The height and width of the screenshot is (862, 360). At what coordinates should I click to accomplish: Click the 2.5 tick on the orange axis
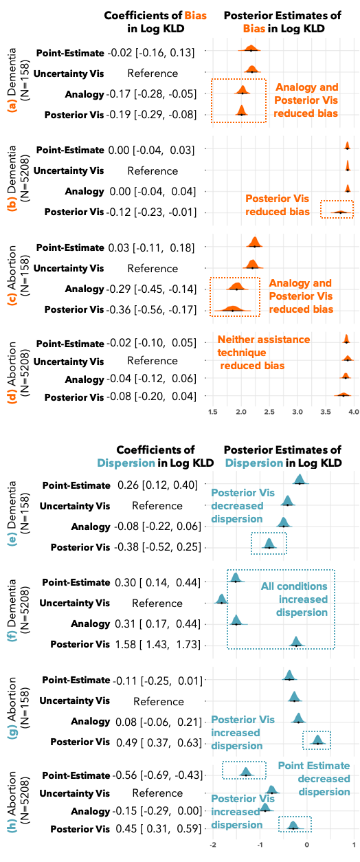[x=269, y=412]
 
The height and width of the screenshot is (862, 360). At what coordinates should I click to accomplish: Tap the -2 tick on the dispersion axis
[x=213, y=845]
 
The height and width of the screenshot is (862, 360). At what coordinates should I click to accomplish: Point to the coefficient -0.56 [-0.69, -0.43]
[x=158, y=775]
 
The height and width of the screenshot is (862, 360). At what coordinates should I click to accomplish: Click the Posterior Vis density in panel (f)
[x=296, y=641]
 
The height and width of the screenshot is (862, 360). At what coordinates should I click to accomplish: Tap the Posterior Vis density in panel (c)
[x=233, y=308]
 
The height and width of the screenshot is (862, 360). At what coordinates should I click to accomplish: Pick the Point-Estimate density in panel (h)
[x=245, y=771]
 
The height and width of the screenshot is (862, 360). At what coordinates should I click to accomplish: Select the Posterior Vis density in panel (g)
[x=317, y=740]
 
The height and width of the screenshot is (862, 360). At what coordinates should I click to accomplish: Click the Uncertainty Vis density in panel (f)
[x=221, y=599]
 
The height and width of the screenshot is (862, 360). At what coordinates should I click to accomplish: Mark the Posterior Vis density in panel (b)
[x=340, y=212]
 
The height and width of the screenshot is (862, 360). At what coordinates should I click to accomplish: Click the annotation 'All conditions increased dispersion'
[x=295, y=599]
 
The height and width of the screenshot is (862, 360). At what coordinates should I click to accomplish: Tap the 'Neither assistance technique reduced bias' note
[x=264, y=353]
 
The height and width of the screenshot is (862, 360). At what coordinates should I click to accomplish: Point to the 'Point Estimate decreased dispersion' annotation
[x=314, y=779]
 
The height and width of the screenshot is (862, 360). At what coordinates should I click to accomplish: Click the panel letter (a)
[x=12, y=105]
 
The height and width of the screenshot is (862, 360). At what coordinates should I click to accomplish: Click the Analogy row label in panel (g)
[x=91, y=722]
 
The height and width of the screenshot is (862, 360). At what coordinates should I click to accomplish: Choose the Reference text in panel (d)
[x=153, y=361]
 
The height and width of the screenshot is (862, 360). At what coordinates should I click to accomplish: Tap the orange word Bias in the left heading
[x=195, y=15]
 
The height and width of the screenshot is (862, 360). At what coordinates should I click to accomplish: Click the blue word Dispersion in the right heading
[x=254, y=463]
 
